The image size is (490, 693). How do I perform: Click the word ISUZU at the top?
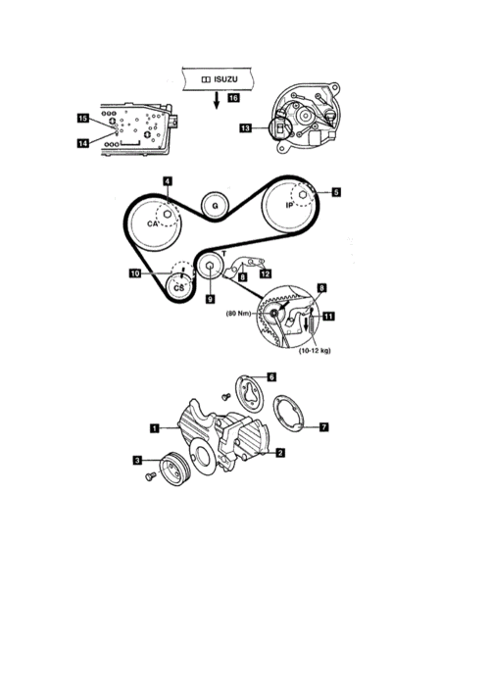tap(225, 79)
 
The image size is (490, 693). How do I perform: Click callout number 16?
tap(234, 98)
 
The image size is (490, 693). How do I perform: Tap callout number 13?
tap(246, 128)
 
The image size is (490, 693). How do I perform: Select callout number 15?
tap(83, 118)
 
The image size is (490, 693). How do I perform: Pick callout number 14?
tap(83, 143)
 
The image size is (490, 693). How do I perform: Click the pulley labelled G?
tap(216, 206)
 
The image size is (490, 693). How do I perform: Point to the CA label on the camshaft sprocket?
tap(153, 224)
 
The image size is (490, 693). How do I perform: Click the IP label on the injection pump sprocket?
tap(289, 205)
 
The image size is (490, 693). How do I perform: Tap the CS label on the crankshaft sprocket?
tap(178, 288)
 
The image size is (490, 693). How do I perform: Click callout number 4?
tap(167, 181)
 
